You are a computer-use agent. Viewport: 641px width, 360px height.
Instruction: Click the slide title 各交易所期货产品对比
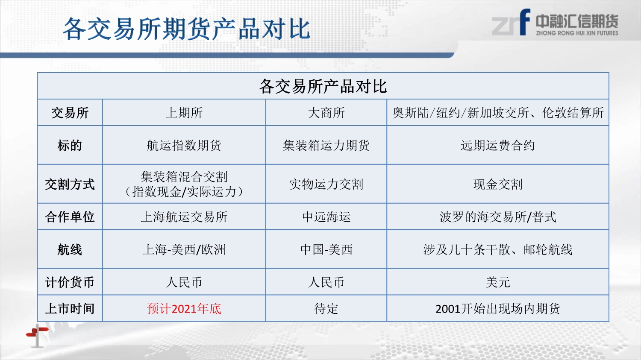186,29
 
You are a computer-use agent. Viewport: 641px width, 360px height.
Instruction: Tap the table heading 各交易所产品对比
323,86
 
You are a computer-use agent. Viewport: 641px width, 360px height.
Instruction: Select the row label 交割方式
70,184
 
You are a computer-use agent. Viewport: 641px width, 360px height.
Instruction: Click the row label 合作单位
70,217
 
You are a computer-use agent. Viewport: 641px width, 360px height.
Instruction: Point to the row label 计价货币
70,282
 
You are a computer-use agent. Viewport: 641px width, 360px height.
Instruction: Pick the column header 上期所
184,113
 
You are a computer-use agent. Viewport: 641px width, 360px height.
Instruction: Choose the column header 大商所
326,113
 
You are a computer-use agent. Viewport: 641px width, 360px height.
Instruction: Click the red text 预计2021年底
184,309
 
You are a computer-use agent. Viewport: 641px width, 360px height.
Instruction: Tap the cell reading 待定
326,309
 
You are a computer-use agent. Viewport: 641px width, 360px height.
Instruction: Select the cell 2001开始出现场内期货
498,309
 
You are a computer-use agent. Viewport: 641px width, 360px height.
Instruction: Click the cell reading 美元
498,282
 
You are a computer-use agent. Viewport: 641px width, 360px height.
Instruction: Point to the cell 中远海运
326,217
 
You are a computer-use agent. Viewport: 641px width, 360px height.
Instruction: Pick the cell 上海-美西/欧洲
184,249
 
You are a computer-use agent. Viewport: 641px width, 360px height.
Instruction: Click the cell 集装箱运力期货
326,145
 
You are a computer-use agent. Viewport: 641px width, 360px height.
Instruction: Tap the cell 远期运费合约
498,145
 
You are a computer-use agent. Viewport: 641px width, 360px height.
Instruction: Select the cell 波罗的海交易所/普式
498,217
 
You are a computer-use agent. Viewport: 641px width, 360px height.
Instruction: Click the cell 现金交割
498,184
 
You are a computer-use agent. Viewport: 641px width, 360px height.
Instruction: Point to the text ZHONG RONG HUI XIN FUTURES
577,33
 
